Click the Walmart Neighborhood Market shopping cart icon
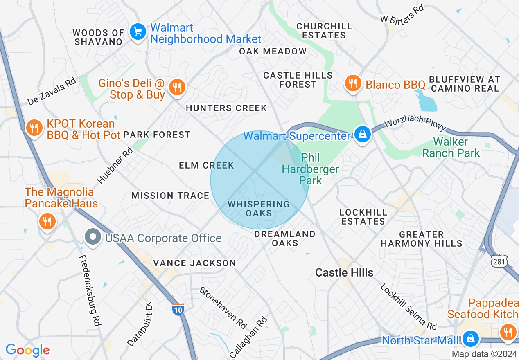[x=138, y=32]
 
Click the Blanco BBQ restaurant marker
[x=352, y=84]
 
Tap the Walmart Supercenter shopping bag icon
[x=362, y=134]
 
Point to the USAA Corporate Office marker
[x=93, y=237]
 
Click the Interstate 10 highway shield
[x=178, y=309]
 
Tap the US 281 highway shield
[x=500, y=261]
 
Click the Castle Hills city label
[x=344, y=273]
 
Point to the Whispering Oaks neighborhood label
[x=259, y=209]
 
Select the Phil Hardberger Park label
[x=310, y=169]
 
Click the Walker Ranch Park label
[x=451, y=148]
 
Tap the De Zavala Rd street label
[x=52, y=92]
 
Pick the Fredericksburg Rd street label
[x=90, y=290]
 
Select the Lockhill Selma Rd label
[x=408, y=307]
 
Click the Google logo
[x=27, y=350]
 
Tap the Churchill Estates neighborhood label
[x=324, y=31]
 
